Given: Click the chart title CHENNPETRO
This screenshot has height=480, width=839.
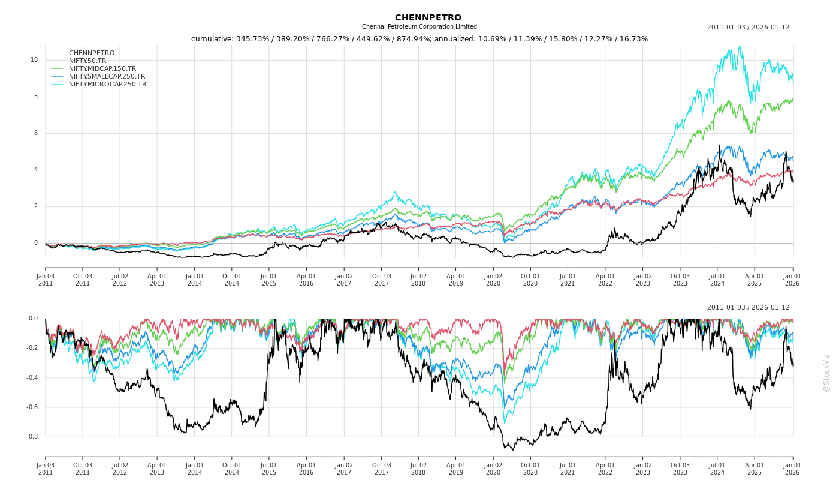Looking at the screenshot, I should [x=428, y=17].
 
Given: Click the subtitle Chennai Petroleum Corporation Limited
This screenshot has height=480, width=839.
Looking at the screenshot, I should [x=419, y=27].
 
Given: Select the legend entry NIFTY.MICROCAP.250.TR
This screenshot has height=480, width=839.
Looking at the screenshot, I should [x=107, y=85].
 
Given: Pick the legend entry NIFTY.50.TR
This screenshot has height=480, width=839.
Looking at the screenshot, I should [x=87, y=61].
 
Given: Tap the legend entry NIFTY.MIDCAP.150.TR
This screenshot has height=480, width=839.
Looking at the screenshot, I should [x=102, y=69].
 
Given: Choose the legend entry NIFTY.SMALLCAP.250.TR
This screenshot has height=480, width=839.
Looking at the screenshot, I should [x=107, y=77].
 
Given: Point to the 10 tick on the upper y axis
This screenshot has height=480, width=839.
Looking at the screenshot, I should [x=34, y=60].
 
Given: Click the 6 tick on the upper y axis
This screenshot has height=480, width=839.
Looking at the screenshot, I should [x=35, y=133].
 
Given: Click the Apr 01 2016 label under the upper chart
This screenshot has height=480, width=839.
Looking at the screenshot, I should [x=306, y=280].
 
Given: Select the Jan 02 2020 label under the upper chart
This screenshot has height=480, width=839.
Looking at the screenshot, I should [x=493, y=280].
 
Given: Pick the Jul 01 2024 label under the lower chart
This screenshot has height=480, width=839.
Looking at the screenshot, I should [x=717, y=469].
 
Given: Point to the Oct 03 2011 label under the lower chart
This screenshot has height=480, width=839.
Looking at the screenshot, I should [x=83, y=469].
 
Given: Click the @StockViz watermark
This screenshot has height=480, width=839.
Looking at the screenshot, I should [x=826, y=373].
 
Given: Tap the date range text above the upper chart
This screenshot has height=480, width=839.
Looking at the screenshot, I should [x=748, y=28].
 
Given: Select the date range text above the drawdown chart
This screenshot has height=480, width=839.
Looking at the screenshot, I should [x=748, y=308].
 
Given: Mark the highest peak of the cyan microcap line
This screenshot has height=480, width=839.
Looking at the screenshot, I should [x=740, y=46].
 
